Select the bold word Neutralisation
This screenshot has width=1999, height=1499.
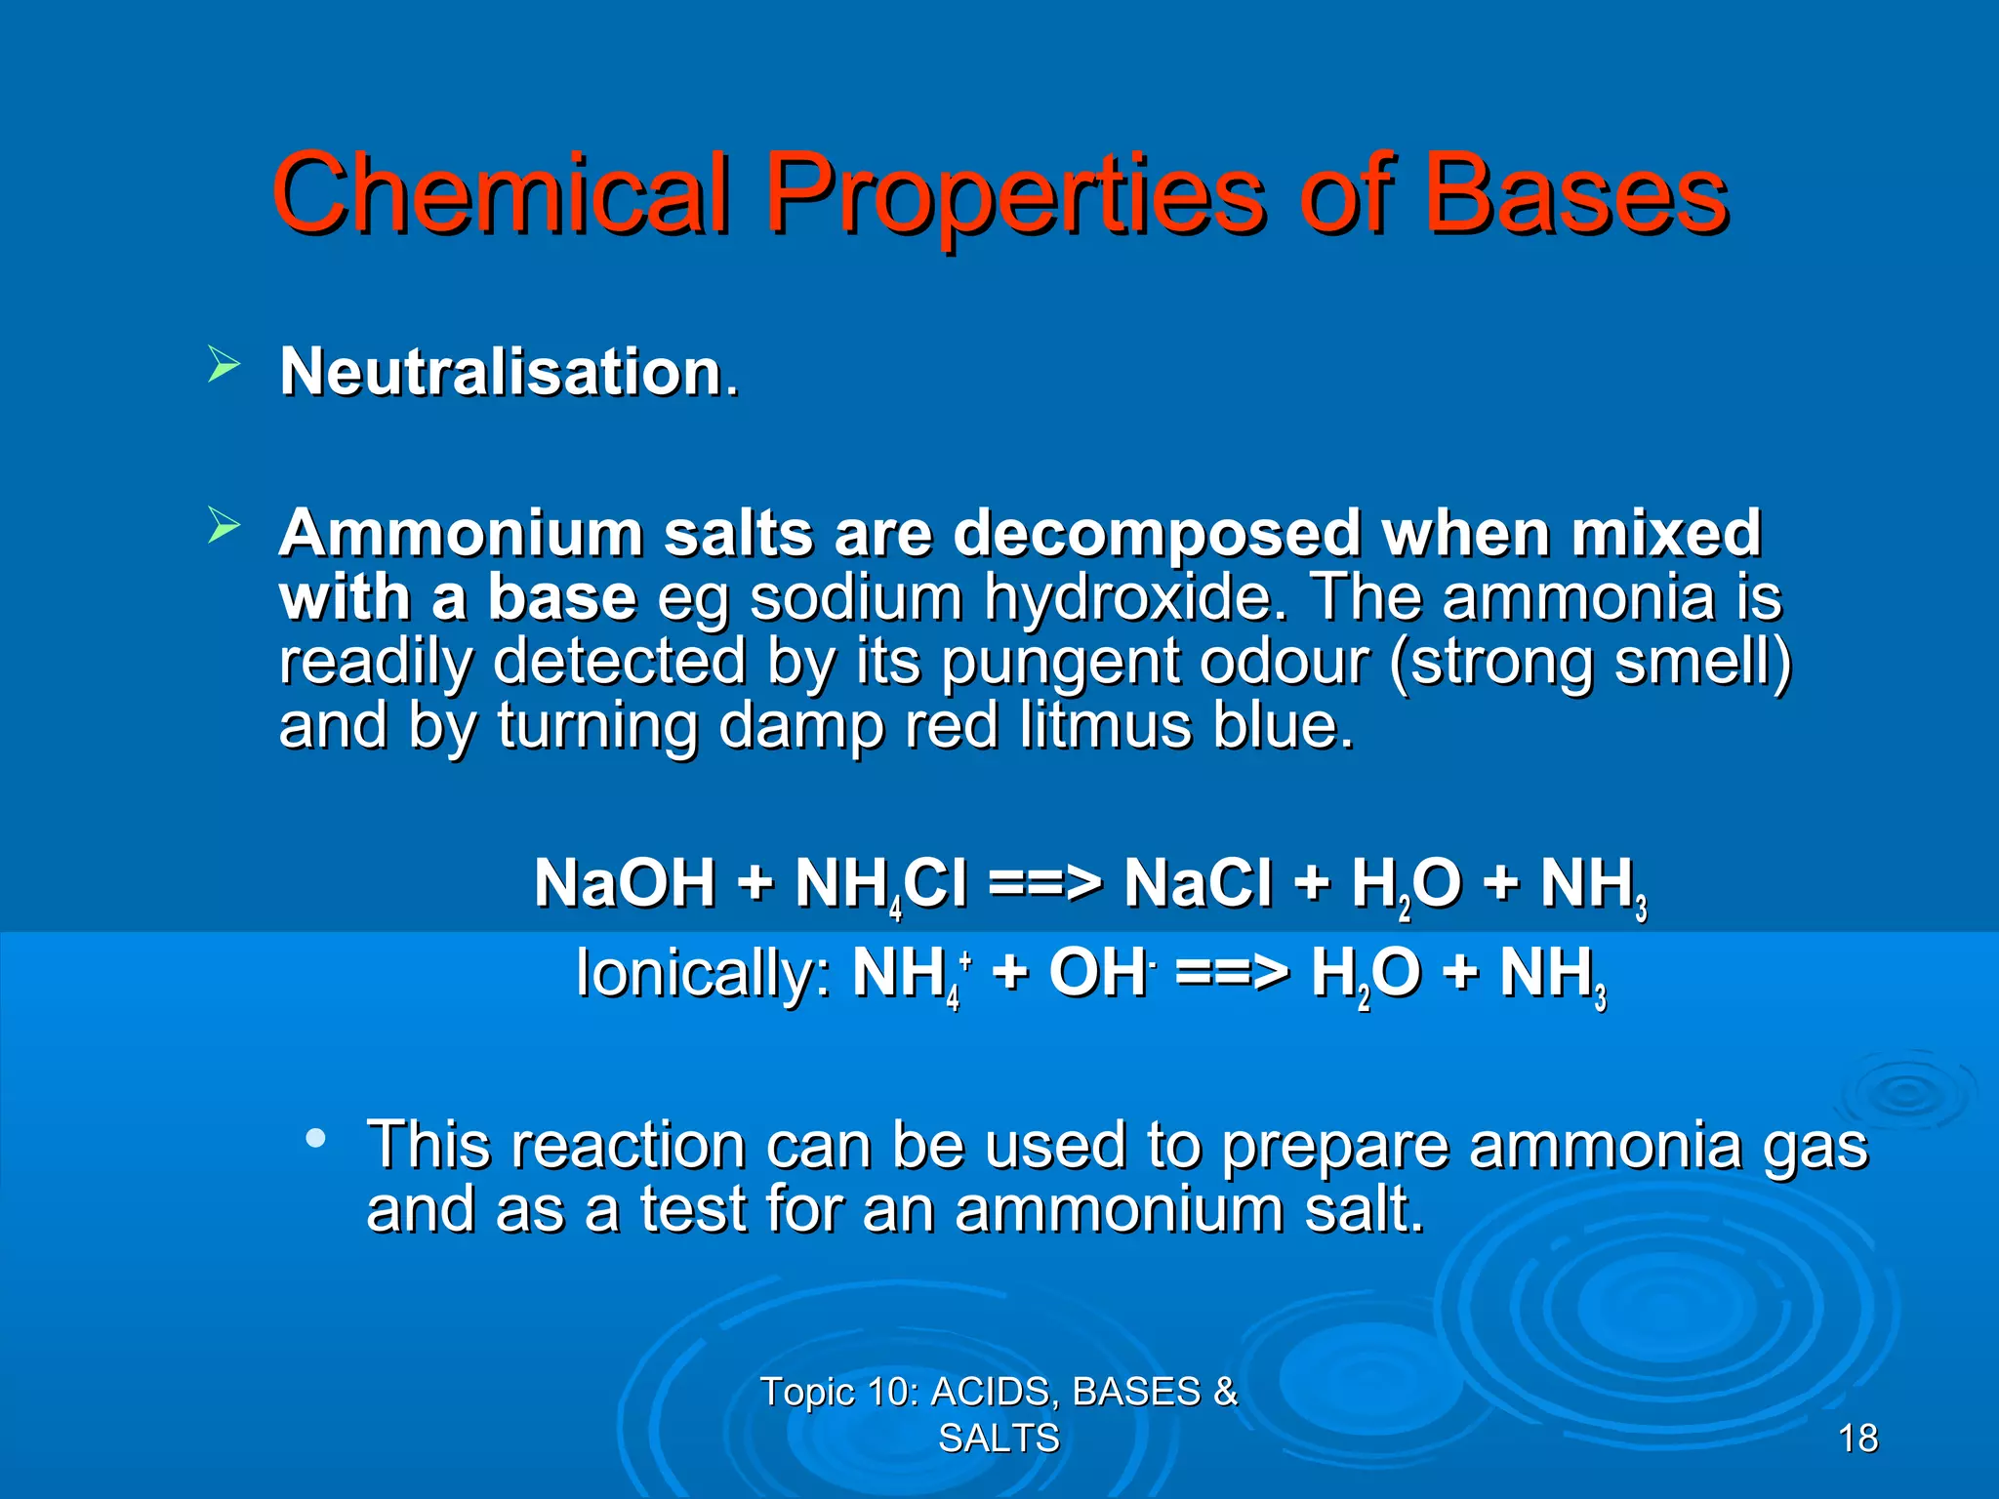pyautogui.click(x=501, y=372)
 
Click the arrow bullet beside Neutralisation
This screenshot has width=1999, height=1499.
pyautogui.click(x=224, y=367)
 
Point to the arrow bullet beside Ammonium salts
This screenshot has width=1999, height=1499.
pyautogui.click(x=224, y=527)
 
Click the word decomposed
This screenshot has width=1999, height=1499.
pyautogui.click(x=1157, y=534)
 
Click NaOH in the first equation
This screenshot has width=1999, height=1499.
pyautogui.click(x=625, y=884)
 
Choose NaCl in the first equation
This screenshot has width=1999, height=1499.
pyautogui.click(x=1198, y=884)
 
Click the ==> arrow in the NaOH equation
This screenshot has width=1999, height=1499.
pyautogui.click(x=1044, y=884)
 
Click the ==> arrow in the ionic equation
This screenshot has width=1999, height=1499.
pyautogui.click(x=1232, y=974)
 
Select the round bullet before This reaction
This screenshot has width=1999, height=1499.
pyautogui.click(x=314, y=1138)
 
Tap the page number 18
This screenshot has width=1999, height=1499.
pyautogui.click(x=1857, y=1438)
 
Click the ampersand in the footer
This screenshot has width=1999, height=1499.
pyautogui.click(x=1225, y=1392)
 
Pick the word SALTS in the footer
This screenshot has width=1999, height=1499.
pyautogui.click(x=999, y=1438)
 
